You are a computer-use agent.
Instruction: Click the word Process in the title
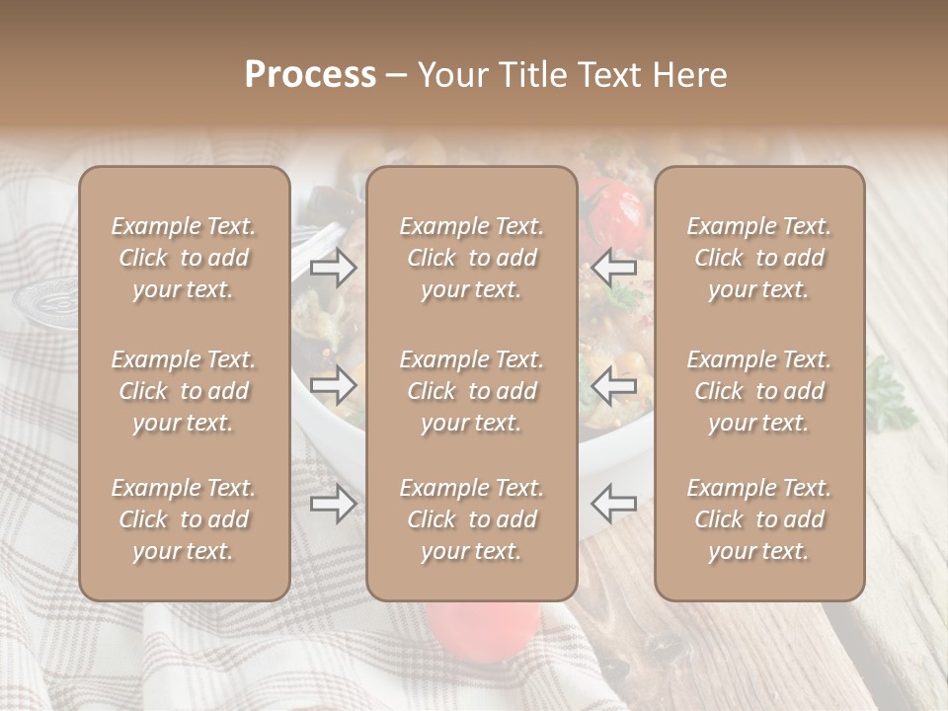[x=310, y=75]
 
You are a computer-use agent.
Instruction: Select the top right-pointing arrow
[x=334, y=267]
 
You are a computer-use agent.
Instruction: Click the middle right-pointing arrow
[x=334, y=384]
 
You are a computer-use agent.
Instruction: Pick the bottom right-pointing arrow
[x=334, y=505]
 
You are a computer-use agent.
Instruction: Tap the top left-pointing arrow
[x=613, y=267]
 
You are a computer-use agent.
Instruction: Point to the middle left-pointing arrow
[x=613, y=384]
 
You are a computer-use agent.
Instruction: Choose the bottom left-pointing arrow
[x=613, y=505]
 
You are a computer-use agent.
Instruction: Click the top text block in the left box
[x=184, y=258]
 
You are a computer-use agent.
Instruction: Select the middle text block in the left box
[x=184, y=391]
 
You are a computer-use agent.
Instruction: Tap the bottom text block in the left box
[x=184, y=519]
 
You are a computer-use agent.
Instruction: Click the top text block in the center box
[x=471, y=258]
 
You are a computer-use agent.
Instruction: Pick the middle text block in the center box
[x=471, y=391]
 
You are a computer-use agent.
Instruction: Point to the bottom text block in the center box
[x=471, y=519]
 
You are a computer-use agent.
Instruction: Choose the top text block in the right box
[x=758, y=258]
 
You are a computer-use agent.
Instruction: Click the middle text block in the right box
[x=758, y=391]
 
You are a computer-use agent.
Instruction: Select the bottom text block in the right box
[x=758, y=519]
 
